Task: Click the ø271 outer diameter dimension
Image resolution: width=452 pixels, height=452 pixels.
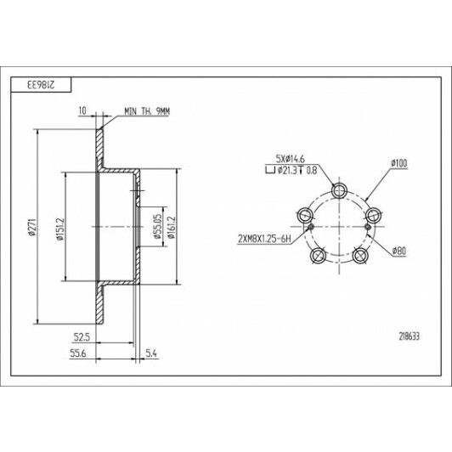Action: [32, 228]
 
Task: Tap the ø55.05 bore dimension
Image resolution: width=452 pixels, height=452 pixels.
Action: [157, 228]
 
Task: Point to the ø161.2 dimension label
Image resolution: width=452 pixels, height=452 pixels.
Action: [172, 228]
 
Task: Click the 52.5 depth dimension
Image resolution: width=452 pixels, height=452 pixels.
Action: [82, 337]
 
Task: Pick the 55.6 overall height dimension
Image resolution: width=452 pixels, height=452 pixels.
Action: [78, 353]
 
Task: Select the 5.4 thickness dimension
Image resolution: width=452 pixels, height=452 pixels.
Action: [151, 353]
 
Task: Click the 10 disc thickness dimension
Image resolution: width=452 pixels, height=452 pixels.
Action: [82, 110]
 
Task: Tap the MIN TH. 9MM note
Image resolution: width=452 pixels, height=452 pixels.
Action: [147, 111]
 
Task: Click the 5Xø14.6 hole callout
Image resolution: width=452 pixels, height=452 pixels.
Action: [291, 159]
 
